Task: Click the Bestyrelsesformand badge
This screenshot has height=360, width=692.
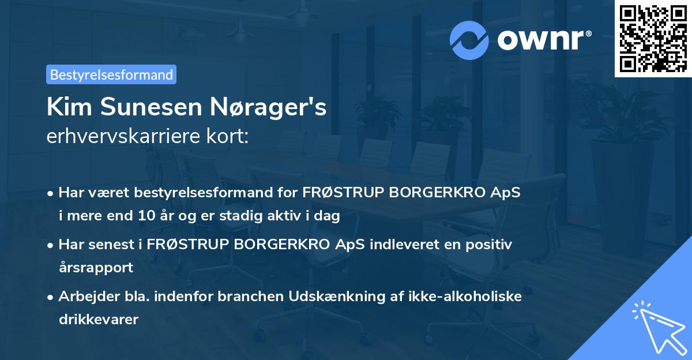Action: [x=111, y=74]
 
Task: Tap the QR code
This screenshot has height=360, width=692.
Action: [x=653, y=38]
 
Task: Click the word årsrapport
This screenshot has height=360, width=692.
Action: [x=96, y=268]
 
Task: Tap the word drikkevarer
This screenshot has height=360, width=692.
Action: [x=98, y=319]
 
